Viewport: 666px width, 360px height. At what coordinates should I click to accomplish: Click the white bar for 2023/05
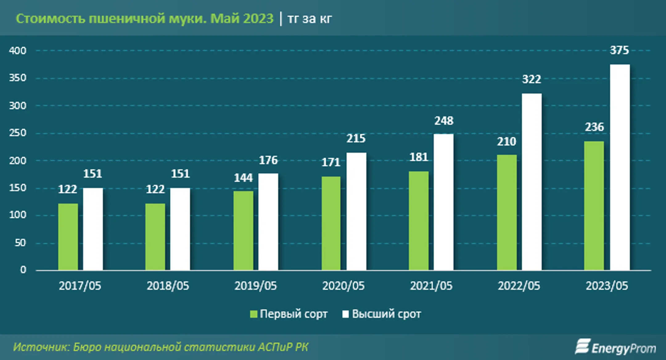(x=620, y=168)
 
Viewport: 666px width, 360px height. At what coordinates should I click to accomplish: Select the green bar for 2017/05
(x=68, y=237)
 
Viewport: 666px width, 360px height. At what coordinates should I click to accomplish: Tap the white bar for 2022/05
(x=532, y=182)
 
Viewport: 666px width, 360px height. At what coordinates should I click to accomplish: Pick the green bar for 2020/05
(x=331, y=223)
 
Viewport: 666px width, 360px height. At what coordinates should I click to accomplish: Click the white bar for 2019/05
(x=268, y=222)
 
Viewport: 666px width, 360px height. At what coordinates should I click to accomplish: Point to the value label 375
(x=619, y=50)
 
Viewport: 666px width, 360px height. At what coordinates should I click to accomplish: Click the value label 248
(x=444, y=121)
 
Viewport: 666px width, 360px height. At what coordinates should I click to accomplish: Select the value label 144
(x=243, y=178)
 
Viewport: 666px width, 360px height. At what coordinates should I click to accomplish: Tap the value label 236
(x=594, y=127)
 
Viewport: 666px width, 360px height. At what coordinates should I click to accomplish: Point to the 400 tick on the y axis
(x=18, y=51)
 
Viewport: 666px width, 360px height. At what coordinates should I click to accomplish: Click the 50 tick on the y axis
(x=20, y=243)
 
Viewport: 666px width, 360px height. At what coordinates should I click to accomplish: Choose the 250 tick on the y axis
(x=18, y=133)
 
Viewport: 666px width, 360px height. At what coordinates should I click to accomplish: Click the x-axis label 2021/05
(x=431, y=286)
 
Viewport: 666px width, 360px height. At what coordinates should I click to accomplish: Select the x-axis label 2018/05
(x=168, y=286)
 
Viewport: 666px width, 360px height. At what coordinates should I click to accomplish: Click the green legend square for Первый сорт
(x=253, y=314)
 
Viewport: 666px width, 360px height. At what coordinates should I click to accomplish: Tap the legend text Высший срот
(x=386, y=314)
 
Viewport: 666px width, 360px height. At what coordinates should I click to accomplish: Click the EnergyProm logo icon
(x=582, y=347)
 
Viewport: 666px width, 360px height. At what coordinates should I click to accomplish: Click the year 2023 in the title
(x=258, y=19)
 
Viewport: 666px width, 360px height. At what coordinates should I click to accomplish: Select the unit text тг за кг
(x=310, y=19)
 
